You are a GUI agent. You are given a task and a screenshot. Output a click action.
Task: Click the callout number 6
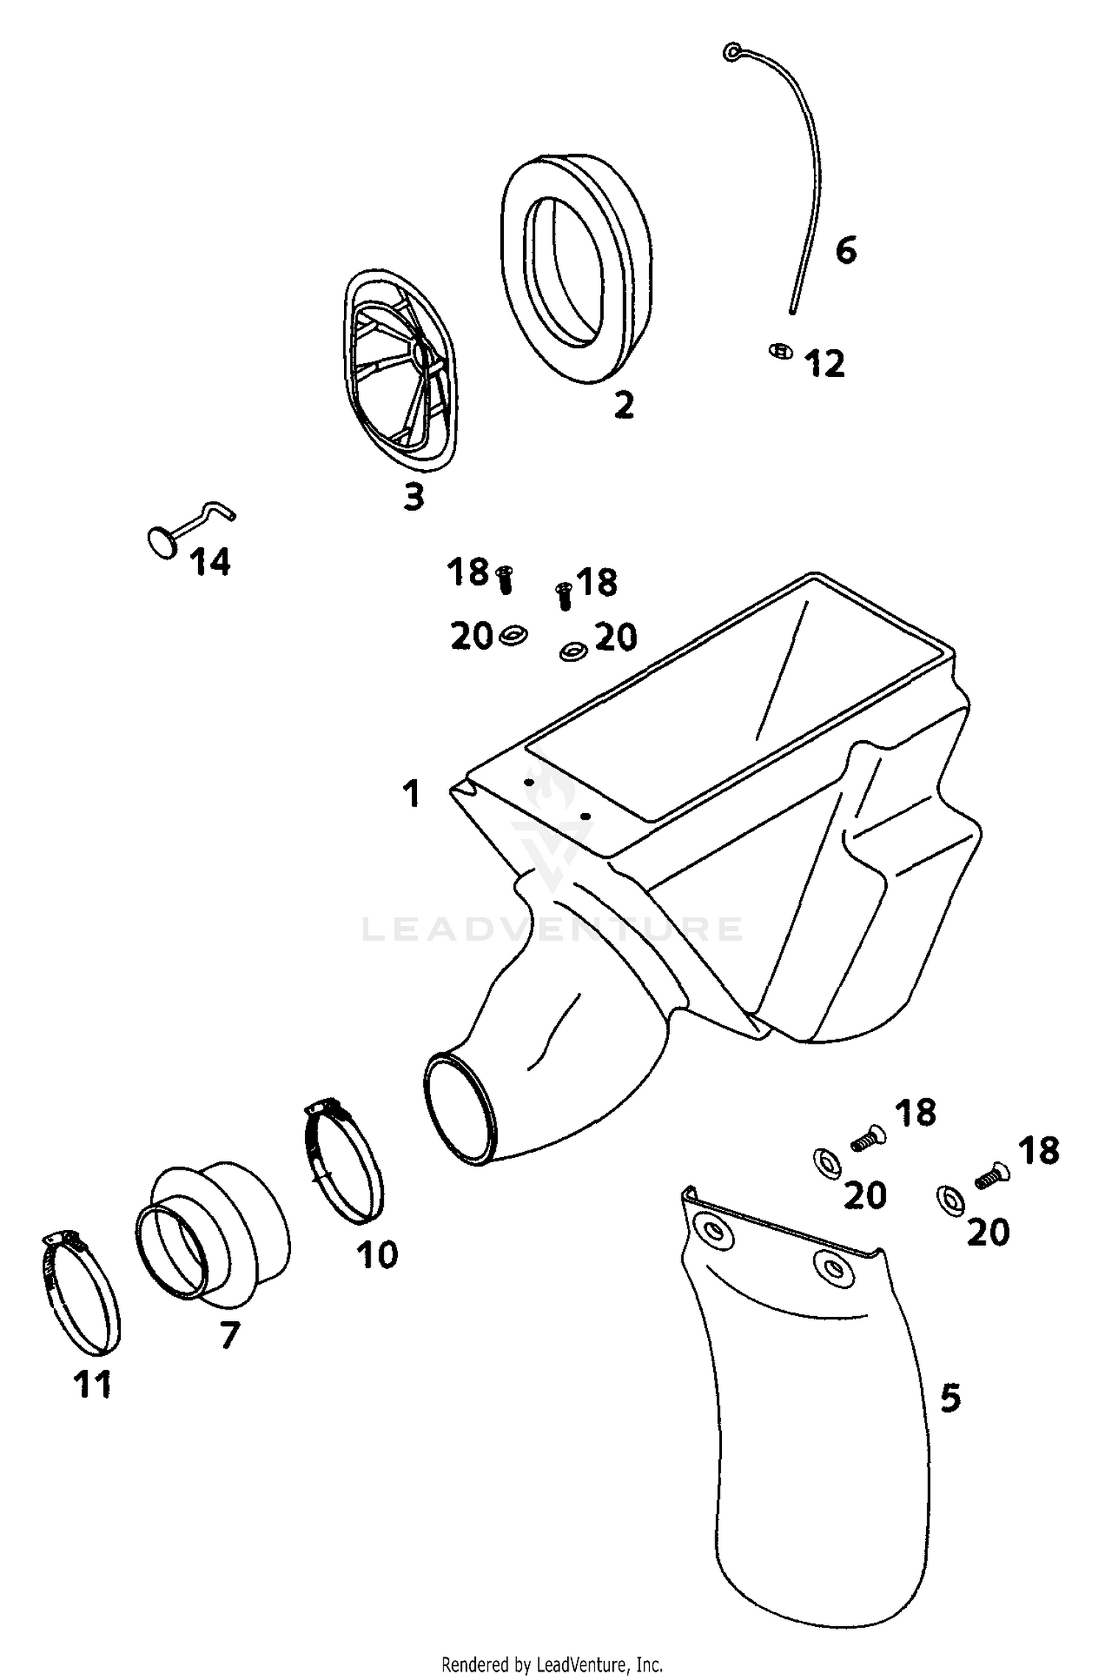[x=846, y=251]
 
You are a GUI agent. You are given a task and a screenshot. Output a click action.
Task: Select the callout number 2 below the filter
[x=624, y=405]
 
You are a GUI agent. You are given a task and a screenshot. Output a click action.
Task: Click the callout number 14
[x=211, y=563]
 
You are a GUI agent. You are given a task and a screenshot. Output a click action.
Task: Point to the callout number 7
[x=231, y=1335]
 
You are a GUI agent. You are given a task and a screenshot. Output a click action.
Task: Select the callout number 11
[x=93, y=1385]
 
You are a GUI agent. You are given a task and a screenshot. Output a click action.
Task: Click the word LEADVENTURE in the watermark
[x=552, y=929]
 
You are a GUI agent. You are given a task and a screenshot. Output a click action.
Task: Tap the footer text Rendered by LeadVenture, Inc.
[x=552, y=1658]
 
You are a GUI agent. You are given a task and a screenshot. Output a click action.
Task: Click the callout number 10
[x=377, y=1255]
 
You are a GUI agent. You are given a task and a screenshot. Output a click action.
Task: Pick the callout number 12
[x=825, y=365]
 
